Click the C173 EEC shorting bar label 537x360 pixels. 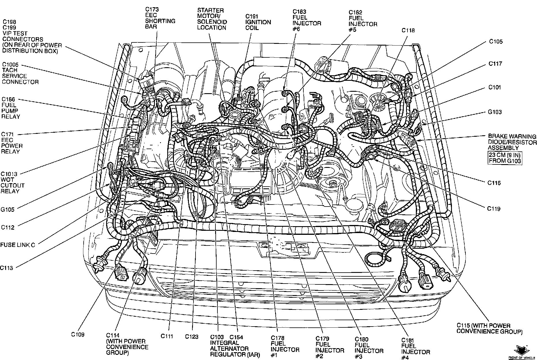point(160,18)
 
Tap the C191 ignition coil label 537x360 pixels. point(258,22)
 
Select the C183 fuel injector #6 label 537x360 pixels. point(307,20)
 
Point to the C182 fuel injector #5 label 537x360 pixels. point(363,21)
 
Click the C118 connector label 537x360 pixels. point(408,30)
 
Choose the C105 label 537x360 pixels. point(496,42)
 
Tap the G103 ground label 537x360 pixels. point(495,112)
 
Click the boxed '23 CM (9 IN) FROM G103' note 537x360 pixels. point(505,158)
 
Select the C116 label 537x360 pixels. point(494,183)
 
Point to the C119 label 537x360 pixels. point(494,209)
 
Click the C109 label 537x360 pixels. point(78,335)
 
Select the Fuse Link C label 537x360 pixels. point(18,245)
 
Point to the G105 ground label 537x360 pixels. point(7,210)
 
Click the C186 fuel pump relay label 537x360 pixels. point(11,108)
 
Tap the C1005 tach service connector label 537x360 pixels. point(20,73)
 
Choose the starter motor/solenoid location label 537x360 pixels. point(212,19)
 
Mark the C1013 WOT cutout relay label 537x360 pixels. point(13,183)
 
